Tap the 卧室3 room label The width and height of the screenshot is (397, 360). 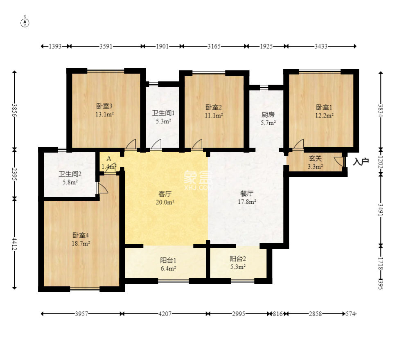click(x=104, y=106)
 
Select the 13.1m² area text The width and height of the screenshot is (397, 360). click(x=104, y=114)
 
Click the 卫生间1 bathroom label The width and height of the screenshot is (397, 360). click(x=163, y=113)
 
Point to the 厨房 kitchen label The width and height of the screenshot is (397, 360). click(x=268, y=115)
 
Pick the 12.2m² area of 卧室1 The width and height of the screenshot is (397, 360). click(x=324, y=115)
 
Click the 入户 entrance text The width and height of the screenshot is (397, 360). click(x=361, y=162)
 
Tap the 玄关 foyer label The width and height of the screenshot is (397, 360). click(x=315, y=158)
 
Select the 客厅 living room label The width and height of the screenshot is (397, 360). click(x=165, y=194)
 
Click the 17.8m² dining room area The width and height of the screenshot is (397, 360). click(x=247, y=202)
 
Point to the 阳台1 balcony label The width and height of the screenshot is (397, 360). click(x=168, y=260)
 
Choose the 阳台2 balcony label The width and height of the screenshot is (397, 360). click(x=238, y=259)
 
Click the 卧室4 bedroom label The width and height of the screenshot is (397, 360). click(x=81, y=235)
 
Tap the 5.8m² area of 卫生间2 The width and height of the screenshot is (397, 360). click(x=70, y=182)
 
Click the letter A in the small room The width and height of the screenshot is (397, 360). click(x=109, y=159)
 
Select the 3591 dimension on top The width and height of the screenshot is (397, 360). click(x=106, y=46)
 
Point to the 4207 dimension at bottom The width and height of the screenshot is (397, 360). click(x=165, y=314)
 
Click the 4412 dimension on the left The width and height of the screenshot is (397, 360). click(x=14, y=244)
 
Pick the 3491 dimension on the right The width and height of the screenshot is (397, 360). click(x=381, y=210)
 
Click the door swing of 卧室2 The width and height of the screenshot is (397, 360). click(x=197, y=144)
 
